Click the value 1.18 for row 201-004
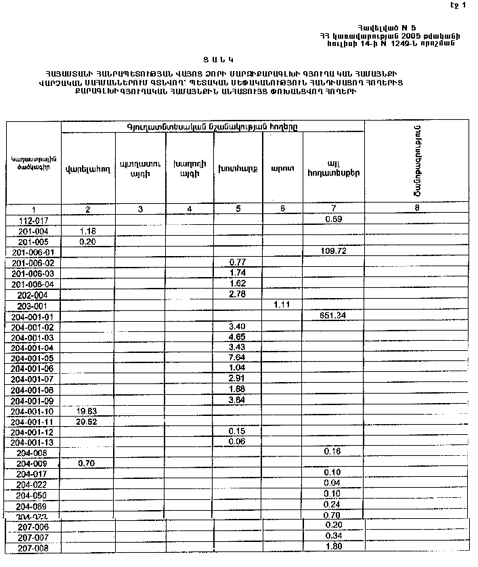pyautogui.click(x=89, y=231)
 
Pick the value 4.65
pyautogui.click(x=237, y=337)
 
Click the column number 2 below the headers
pyautogui.click(x=88, y=209)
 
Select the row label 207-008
pyautogui.click(x=34, y=548)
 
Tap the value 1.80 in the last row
pyautogui.click(x=332, y=547)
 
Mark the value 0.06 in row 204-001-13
pyautogui.click(x=237, y=442)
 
